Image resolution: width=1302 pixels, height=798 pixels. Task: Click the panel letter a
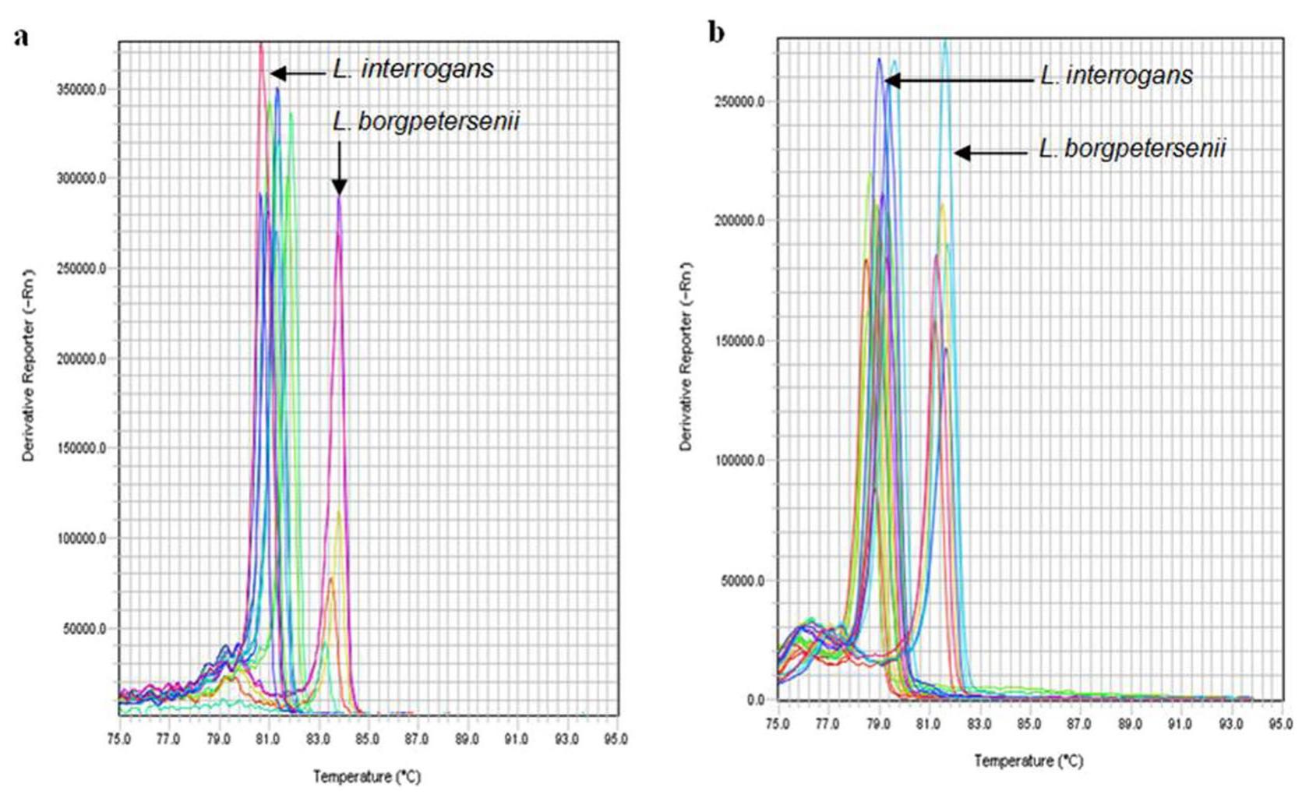pyautogui.click(x=21, y=37)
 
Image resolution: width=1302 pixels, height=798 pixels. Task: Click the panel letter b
pyautogui.click(x=716, y=33)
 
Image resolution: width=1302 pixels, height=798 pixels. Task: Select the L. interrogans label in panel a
pyautogui.click(x=413, y=69)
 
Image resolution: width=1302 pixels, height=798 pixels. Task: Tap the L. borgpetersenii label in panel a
pyautogui.click(x=425, y=122)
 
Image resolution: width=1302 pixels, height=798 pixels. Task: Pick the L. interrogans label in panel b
pyautogui.click(x=1116, y=76)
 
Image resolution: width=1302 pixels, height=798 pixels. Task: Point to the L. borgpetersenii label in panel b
pyautogui.click(x=1132, y=148)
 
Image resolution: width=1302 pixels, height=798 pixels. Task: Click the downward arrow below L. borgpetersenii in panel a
pyautogui.click(x=339, y=168)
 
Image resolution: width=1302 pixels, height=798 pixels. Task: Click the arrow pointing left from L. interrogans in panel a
pyautogui.click(x=298, y=73)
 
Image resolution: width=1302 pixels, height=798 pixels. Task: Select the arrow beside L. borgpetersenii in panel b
pyautogui.click(x=991, y=153)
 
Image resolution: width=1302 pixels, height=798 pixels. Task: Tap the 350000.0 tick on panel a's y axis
pyautogui.click(x=81, y=90)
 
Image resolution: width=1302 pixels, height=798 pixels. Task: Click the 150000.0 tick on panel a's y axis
pyautogui.click(x=81, y=449)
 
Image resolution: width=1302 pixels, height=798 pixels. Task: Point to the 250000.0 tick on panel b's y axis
pyautogui.click(x=739, y=101)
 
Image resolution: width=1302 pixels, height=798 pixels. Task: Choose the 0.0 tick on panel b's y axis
pyautogui.click(x=755, y=700)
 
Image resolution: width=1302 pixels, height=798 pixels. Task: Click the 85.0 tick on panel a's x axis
pyautogui.click(x=367, y=739)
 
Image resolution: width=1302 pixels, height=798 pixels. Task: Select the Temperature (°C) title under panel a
pyautogui.click(x=366, y=776)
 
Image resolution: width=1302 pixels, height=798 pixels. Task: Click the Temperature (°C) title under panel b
pyautogui.click(x=1029, y=761)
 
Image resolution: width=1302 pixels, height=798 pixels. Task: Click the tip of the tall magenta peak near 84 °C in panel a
pyautogui.click(x=339, y=198)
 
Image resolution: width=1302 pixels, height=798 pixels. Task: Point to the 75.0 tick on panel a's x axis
pyautogui.click(x=119, y=739)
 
